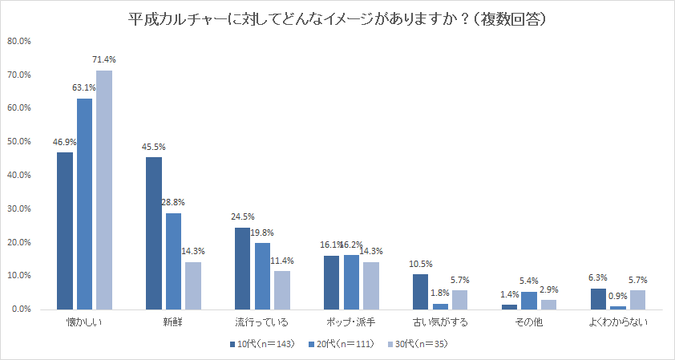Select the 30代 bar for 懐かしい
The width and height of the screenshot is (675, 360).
(104, 189)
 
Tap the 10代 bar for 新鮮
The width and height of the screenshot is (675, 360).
(154, 233)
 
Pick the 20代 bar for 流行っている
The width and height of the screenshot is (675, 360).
(263, 276)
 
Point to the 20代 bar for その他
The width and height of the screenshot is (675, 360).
(528, 301)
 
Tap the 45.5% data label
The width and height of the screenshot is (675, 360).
(153, 147)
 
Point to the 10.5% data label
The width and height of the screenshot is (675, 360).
(420, 264)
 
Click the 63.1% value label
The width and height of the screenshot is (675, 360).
(84, 87)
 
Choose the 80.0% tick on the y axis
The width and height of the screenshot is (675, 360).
(19, 41)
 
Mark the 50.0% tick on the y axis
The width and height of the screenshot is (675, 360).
(19, 142)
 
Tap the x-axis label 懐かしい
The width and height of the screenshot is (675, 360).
(84, 323)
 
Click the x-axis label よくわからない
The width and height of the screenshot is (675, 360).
(618, 323)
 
